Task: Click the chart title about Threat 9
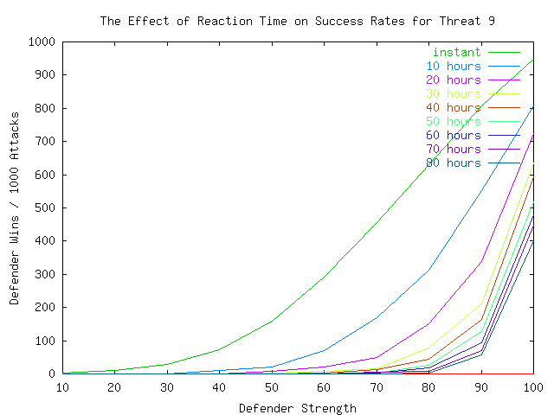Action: [x=297, y=19]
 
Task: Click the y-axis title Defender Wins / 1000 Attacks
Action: [x=15, y=207]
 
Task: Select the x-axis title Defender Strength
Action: [x=297, y=408]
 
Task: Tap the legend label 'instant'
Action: [x=456, y=53]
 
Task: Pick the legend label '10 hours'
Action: [x=453, y=67]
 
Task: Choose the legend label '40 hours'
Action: [x=453, y=108]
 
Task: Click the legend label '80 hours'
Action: [x=453, y=163]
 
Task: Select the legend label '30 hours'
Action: [x=453, y=94]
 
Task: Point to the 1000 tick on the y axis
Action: [x=41, y=41]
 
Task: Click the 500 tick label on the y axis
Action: [x=44, y=207]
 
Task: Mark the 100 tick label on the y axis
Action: [x=44, y=341]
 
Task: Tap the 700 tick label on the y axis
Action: [x=44, y=141]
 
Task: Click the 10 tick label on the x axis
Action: [x=62, y=388]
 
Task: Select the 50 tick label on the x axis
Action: [x=272, y=388]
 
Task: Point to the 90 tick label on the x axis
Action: [x=481, y=388]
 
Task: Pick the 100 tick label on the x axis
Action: [x=533, y=388]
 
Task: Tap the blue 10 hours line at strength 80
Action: [x=428, y=271]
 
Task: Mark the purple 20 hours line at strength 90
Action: [x=481, y=260]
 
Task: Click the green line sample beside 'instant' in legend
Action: [x=503, y=53]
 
